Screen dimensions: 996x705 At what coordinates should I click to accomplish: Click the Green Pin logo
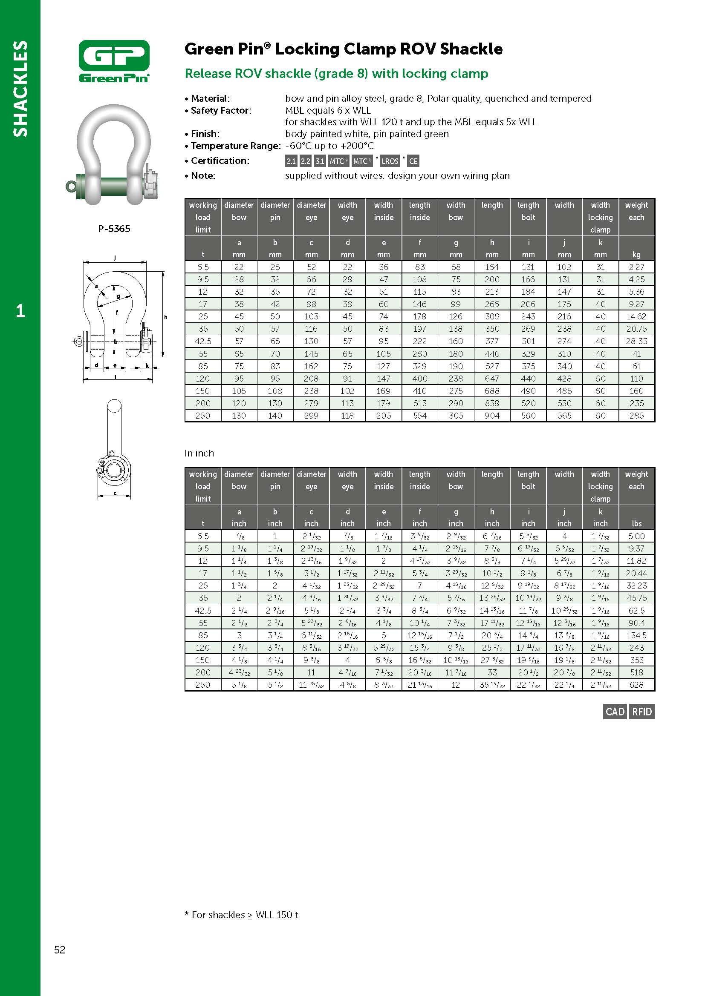point(114,61)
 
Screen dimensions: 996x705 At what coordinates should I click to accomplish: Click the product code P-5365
point(114,229)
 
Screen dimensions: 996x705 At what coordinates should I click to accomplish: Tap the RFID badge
point(642,712)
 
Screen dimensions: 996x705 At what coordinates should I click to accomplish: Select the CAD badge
point(615,712)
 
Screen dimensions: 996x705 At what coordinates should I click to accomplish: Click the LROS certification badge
point(390,161)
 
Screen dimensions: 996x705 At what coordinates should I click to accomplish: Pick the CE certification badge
point(413,161)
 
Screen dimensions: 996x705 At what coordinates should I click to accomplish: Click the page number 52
point(60,950)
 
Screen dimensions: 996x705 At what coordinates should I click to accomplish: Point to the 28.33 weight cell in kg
point(636,342)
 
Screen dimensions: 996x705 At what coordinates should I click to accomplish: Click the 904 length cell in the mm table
point(492,416)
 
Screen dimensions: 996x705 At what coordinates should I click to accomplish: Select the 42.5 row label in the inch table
point(203,610)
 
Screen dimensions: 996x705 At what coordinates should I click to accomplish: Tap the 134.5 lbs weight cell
point(636,635)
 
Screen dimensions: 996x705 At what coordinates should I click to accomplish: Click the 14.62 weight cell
point(636,317)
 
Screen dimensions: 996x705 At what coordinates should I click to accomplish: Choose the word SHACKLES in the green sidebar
point(20,89)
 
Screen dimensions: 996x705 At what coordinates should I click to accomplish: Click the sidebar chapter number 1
point(20,310)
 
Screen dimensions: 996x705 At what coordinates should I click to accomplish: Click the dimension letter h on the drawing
point(165,317)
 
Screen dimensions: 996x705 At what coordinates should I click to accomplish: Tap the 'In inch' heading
point(199,454)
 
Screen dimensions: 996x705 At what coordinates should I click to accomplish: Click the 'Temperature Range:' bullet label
point(236,146)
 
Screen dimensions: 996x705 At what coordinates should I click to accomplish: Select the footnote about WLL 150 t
point(241,915)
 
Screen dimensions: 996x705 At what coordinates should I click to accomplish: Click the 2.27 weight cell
point(636,267)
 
